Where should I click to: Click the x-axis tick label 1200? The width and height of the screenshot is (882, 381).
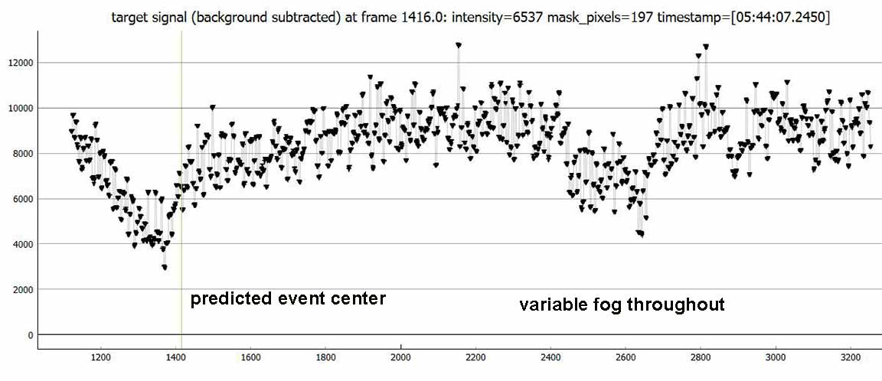point(100,357)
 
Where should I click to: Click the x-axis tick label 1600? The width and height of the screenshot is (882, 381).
point(250,357)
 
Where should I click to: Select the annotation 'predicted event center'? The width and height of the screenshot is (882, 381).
point(288,298)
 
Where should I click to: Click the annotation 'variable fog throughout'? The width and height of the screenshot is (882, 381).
point(622,304)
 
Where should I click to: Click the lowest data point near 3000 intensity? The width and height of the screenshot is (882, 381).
point(165,267)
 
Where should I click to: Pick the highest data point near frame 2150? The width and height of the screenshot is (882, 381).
point(458,46)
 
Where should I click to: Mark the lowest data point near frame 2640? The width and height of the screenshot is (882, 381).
point(641,234)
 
